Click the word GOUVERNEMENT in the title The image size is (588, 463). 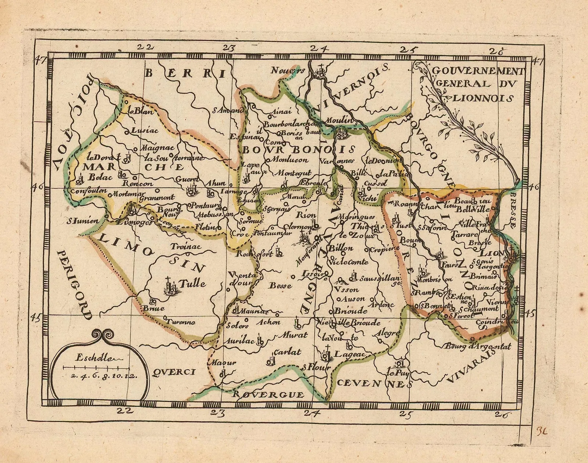478,70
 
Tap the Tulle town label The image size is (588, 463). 192,283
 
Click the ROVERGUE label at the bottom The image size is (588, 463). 268,395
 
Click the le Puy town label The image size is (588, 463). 397,373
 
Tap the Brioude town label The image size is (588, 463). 351,311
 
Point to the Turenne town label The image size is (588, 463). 180,322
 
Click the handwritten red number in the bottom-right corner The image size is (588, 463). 542,430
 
